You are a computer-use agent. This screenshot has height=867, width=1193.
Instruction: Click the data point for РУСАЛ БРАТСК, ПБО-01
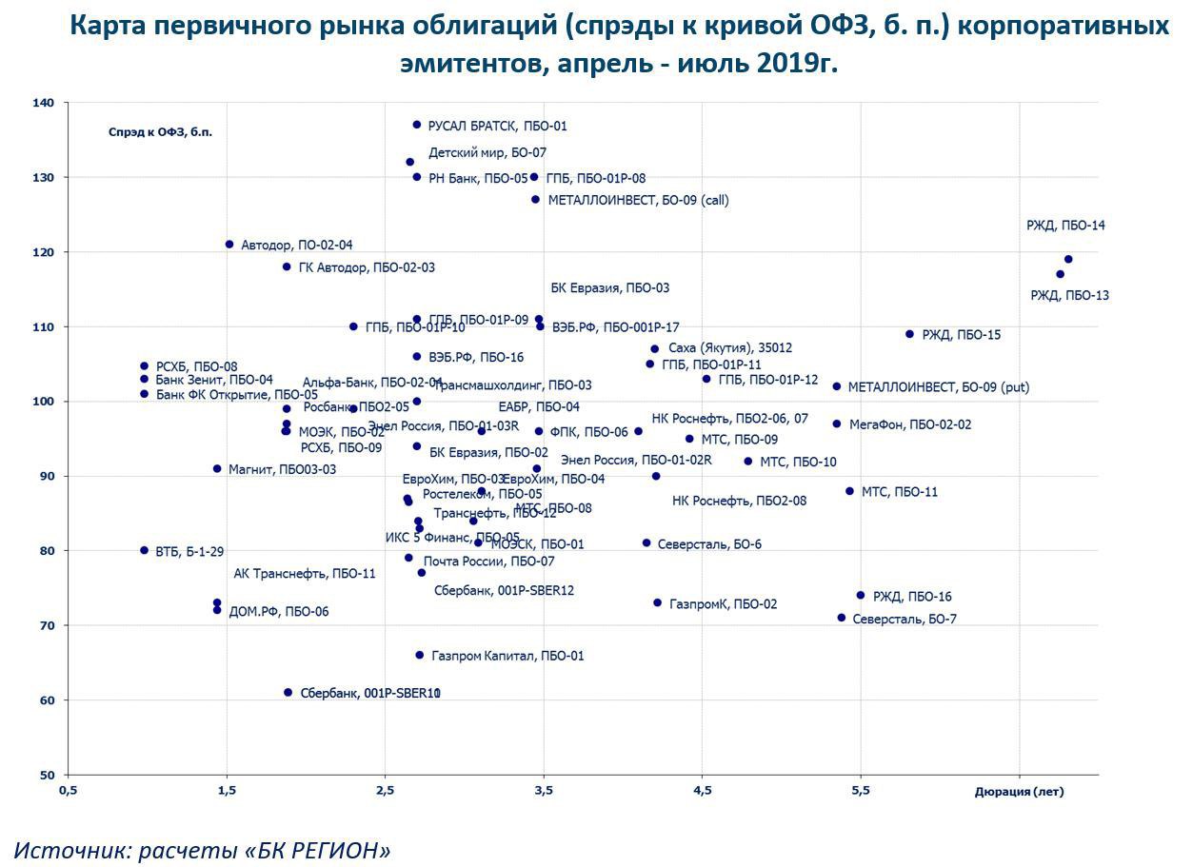tap(416, 125)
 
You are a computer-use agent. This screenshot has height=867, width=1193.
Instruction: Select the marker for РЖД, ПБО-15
tap(909, 334)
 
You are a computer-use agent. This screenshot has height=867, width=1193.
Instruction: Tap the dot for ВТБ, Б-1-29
tap(145, 550)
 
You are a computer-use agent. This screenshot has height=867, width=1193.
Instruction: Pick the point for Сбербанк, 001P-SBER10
tap(288, 693)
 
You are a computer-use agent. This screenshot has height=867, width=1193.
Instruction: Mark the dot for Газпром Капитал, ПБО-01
tap(419, 655)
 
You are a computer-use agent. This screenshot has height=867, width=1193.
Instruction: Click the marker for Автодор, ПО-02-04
tap(229, 245)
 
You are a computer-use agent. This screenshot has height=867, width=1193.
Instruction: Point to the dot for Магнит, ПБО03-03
tap(217, 468)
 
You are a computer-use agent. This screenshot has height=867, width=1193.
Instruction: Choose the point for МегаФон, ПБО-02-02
tap(837, 424)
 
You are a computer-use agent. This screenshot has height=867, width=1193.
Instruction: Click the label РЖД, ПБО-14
tap(1065, 226)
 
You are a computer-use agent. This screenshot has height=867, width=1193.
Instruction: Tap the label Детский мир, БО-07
tap(487, 152)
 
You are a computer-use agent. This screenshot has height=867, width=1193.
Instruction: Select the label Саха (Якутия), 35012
tap(730, 348)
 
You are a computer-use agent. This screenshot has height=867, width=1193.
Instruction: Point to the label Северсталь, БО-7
tap(905, 619)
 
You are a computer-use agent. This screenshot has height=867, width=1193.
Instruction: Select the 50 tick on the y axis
tap(47, 775)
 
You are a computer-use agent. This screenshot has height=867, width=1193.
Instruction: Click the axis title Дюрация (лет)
tap(1019, 792)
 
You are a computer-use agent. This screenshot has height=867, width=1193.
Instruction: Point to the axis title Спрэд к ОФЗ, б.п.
tap(160, 132)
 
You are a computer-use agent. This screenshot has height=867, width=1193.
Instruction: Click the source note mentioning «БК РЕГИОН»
tap(202, 850)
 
